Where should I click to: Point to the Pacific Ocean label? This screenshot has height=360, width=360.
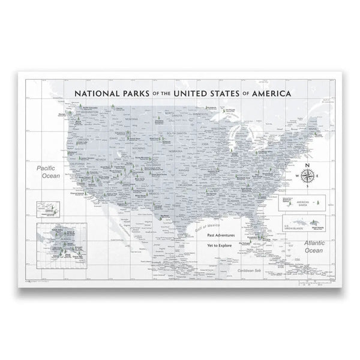44,173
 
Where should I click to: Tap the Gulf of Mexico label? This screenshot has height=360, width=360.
208,224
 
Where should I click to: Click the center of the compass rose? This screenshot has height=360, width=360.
308,175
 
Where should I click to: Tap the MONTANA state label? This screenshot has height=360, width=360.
131,119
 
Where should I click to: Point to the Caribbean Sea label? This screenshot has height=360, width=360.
247,271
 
